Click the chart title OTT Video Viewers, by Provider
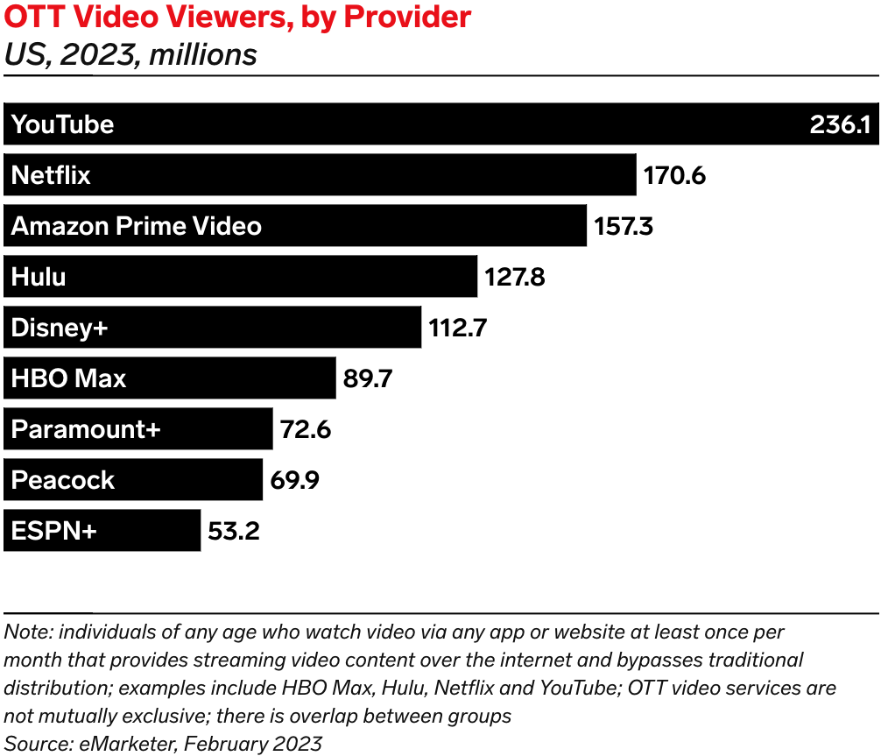(237, 17)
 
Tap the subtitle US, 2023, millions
(130, 55)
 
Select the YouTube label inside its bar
(62, 124)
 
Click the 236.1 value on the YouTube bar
(839, 124)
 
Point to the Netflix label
(51, 175)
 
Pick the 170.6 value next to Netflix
(674, 175)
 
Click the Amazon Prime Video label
(136, 226)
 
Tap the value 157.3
(624, 226)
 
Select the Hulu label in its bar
(39, 277)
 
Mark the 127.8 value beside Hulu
(514, 278)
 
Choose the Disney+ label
(60, 328)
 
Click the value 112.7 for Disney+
(457, 329)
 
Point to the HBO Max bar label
(68, 378)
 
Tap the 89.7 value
(368, 378)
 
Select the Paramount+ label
(86, 429)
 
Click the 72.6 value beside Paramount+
(306, 430)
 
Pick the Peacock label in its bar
(63, 480)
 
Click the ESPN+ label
(53, 531)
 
